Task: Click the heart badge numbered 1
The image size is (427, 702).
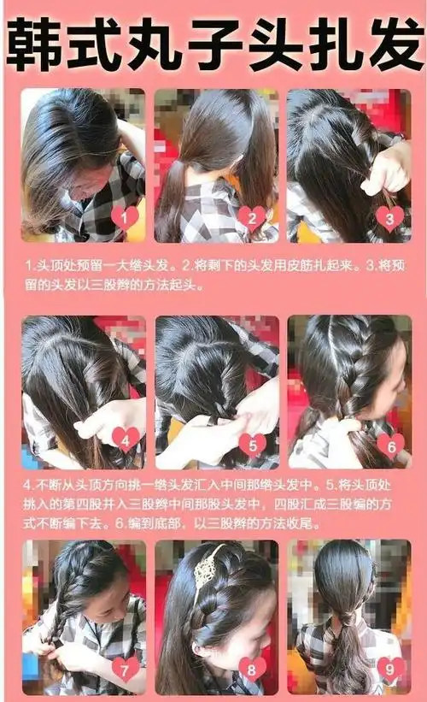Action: coord(124,217)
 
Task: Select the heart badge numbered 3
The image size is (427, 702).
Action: coord(389,218)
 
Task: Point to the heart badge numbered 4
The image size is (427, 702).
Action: coord(125,439)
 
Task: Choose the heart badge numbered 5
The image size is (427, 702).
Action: coord(252,445)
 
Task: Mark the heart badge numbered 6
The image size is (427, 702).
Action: coord(389,445)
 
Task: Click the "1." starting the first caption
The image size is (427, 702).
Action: coord(31,266)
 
